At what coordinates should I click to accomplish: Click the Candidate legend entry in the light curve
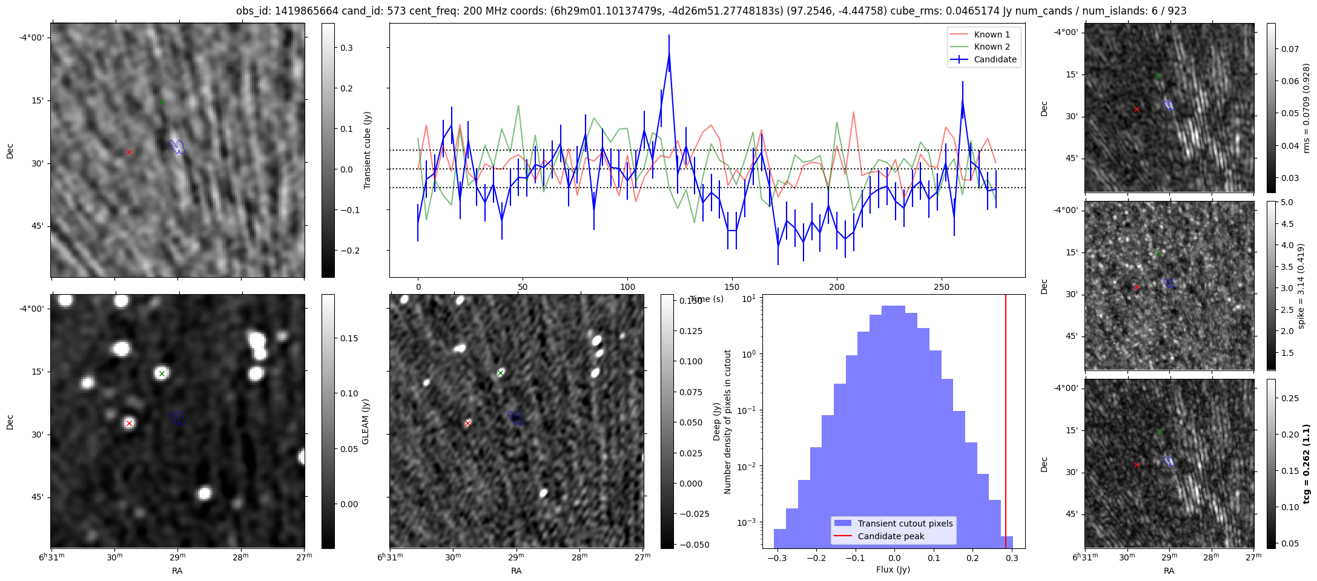pyautogui.click(x=995, y=59)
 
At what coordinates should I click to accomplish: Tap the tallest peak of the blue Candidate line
pyautogui.click(x=669, y=53)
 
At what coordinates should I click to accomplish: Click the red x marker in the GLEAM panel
pyautogui.click(x=129, y=423)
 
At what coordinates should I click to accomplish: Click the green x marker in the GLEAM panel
pyautogui.click(x=162, y=373)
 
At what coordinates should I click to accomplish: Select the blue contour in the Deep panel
pyautogui.click(x=516, y=417)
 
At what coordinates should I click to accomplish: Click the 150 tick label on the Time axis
pyautogui.click(x=732, y=287)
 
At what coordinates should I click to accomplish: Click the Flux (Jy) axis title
pyautogui.click(x=893, y=570)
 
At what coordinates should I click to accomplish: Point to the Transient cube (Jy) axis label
pyautogui.click(x=368, y=150)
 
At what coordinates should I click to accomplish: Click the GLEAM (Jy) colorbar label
pyautogui.click(x=365, y=422)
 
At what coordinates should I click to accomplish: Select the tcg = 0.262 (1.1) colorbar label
pyautogui.click(x=1307, y=464)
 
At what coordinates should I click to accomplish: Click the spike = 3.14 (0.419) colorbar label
pyautogui.click(x=1301, y=286)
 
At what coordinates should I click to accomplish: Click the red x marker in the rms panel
pyautogui.click(x=1137, y=109)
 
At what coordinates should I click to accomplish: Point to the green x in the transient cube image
pyautogui.click(x=162, y=102)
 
